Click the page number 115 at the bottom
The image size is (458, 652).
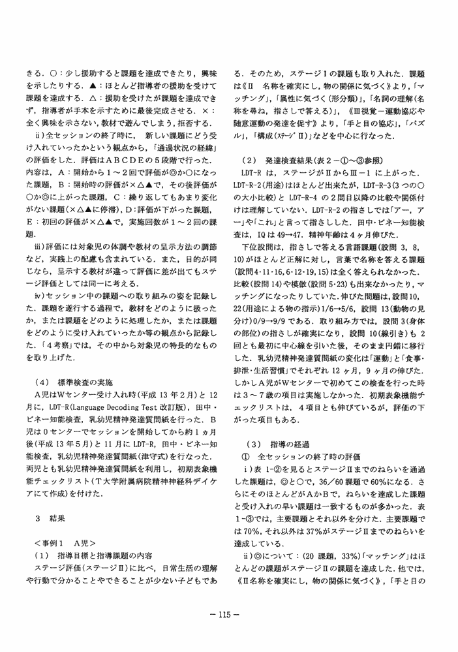tap(228, 613)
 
